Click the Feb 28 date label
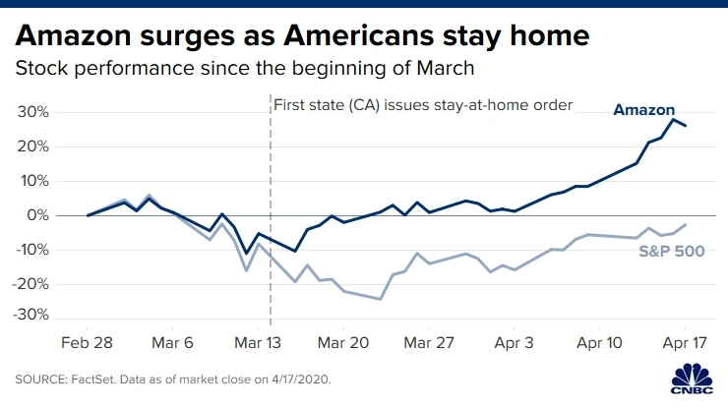click(x=89, y=345)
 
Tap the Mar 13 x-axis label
click(x=259, y=345)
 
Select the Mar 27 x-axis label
click(x=429, y=345)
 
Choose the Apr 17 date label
click(x=685, y=345)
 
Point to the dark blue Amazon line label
click(x=646, y=110)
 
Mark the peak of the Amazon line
click(x=673, y=119)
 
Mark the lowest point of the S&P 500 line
click(x=381, y=299)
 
